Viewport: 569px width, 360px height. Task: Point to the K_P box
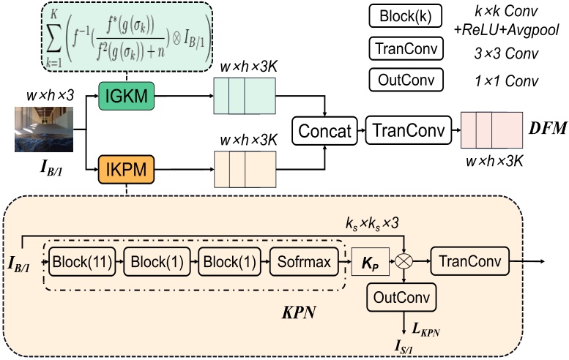(x=370, y=260)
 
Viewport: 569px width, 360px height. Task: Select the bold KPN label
(x=300, y=309)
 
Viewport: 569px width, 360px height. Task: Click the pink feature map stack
(x=489, y=131)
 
